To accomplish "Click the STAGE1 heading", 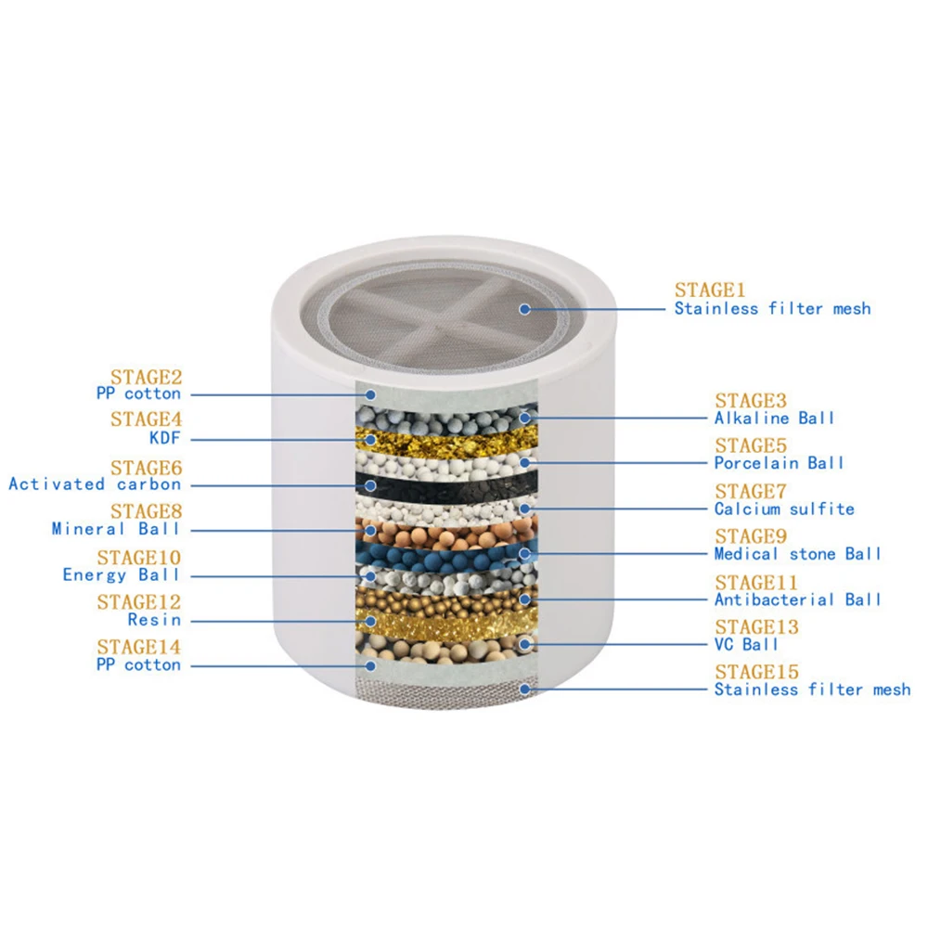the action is [x=710, y=290].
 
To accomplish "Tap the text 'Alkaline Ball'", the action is [x=774, y=419].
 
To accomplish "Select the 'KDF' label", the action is [x=165, y=439].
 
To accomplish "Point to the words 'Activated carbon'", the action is [x=95, y=484].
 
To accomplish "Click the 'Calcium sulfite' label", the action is [x=784, y=509].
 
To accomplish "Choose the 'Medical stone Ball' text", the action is [x=797, y=554].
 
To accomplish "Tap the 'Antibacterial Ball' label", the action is [x=797, y=599].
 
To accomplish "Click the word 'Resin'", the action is [x=154, y=620].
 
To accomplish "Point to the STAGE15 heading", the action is [x=756, y=671].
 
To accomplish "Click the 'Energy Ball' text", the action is [x=122, y=575].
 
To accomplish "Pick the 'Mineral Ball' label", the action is [x=116, y=529].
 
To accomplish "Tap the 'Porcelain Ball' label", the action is [x=780, y=463].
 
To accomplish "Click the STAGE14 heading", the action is [x=139, y=647].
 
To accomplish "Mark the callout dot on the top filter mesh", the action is [x=524, y=308].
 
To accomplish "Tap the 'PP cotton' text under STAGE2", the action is [x=139, y=394].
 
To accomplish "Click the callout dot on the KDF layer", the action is [x=370, y=439].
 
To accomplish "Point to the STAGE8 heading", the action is [x=147, y=511].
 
